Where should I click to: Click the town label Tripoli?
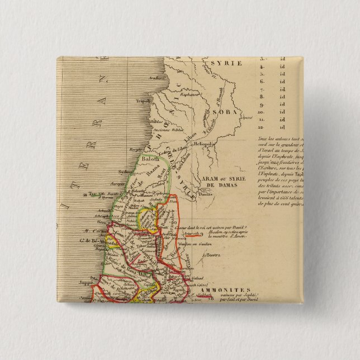145,102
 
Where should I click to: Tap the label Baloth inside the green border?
149,158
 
